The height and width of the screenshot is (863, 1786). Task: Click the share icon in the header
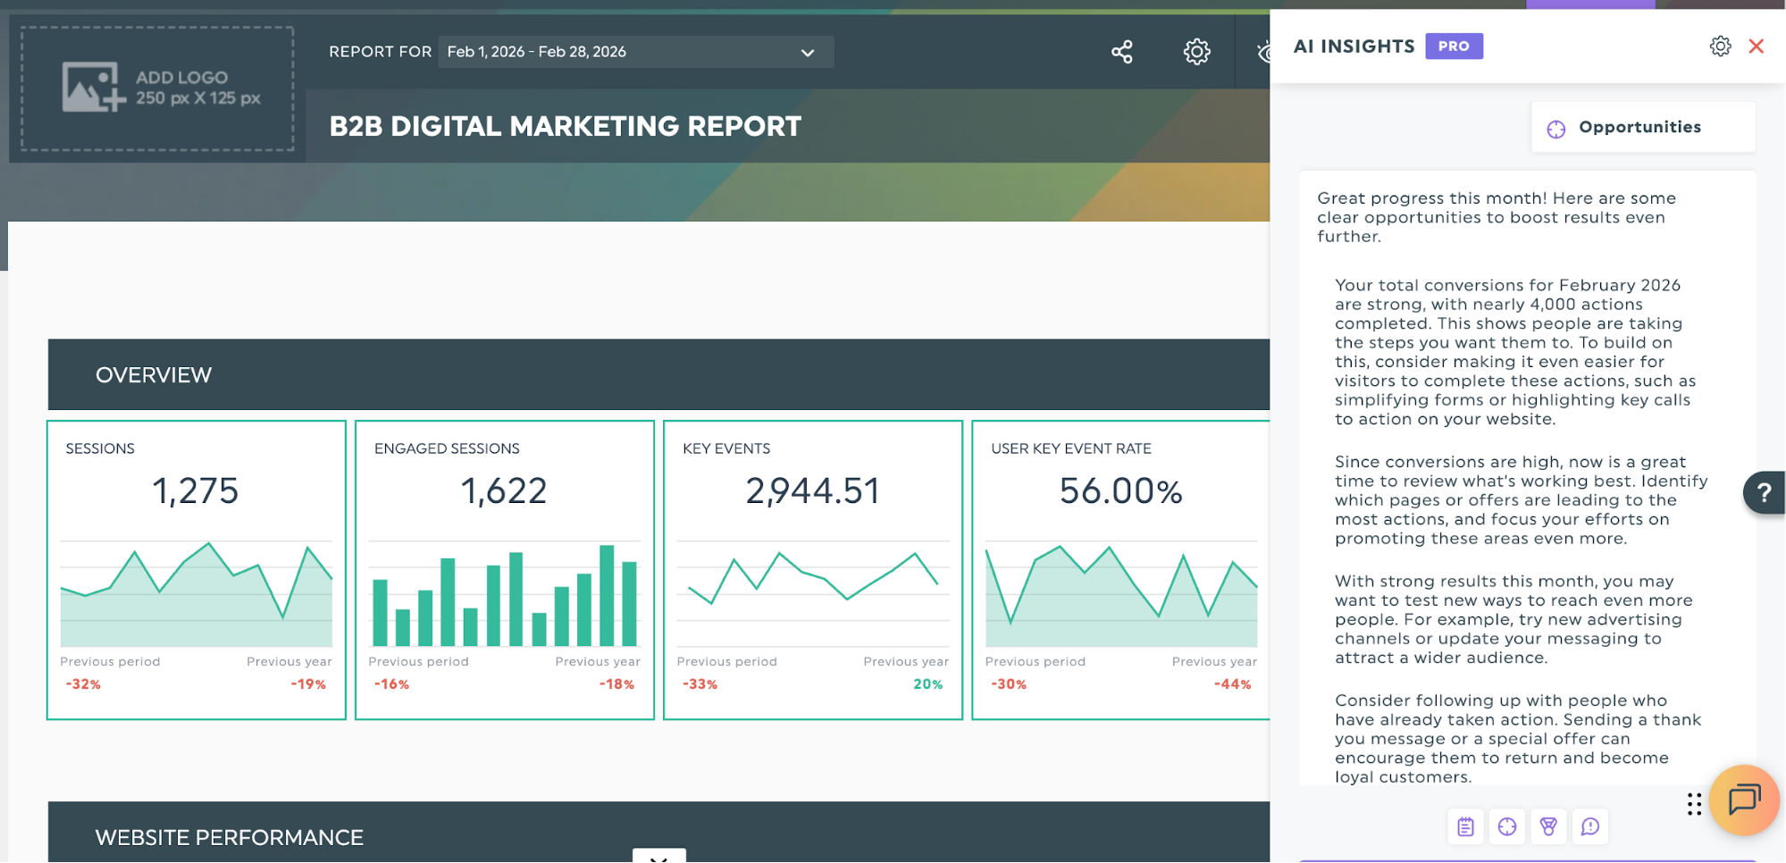[1122, 52]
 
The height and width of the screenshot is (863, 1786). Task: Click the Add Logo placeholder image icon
[93, 87]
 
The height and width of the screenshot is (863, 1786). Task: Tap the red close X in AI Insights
[1756, 46]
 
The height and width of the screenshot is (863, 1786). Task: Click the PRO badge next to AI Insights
[1454, 46]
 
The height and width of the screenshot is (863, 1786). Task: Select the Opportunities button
[1642, 127]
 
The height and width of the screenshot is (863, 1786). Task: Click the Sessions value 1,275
[196, 490]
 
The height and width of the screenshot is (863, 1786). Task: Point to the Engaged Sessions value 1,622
[504, 490]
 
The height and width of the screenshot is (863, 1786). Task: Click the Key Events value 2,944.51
[813, 490]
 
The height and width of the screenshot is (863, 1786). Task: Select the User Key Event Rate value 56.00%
[1120, 490]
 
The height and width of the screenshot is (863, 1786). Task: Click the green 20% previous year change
[927, 684]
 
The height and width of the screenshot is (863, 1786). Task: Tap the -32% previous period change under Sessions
[83, 684]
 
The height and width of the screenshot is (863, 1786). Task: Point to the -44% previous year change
[1232, 684]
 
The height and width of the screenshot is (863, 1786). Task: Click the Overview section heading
[154, 375]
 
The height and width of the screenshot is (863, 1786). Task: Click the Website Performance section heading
[230, 838]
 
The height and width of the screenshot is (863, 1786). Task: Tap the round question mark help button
[1764, 492]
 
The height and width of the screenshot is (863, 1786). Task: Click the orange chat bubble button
[1744, 800]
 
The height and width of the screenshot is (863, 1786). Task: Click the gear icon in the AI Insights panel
[1720, 46]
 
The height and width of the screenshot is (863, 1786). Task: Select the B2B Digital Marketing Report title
[565, 127]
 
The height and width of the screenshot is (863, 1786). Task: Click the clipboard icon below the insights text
[1465, 826]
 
